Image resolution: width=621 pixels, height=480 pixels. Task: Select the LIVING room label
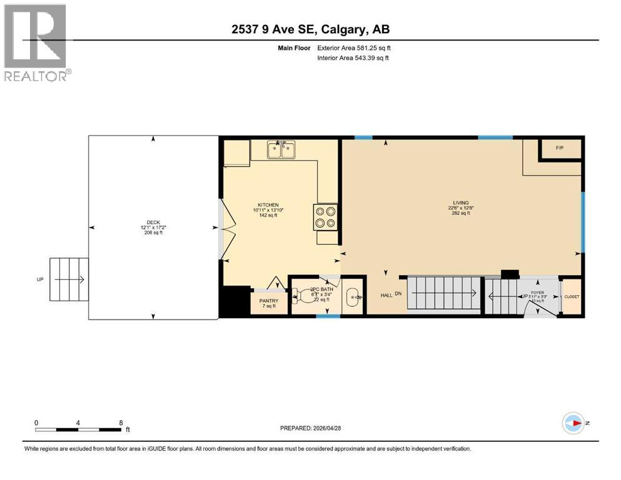pos(461,202)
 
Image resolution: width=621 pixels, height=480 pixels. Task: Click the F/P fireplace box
pos(560,148)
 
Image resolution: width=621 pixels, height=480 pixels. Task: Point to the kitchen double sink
pos(281,150)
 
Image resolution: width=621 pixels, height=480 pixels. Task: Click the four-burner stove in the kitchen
pos(325,216)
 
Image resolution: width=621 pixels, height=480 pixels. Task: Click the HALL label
pos(386,295)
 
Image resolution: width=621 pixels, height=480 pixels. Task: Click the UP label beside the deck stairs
pos(40,279)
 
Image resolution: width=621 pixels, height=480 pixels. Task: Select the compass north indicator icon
pos(573,422)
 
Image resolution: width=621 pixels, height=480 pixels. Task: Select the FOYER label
pos(538,291)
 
